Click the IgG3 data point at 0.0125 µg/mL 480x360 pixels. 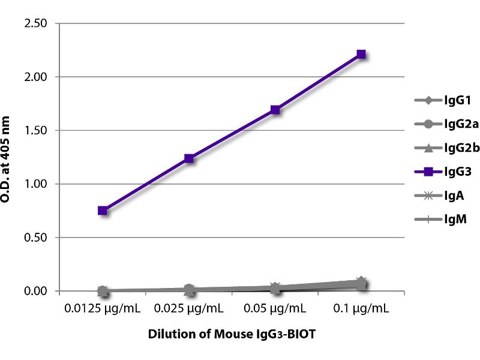tap(103, 211)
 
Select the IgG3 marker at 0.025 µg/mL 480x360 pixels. tap(189, 158)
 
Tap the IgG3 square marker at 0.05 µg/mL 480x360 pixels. tap(275, 110)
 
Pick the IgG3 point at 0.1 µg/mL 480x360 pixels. tap(361, 54)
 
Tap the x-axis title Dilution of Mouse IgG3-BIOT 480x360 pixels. tap(232, 335)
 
